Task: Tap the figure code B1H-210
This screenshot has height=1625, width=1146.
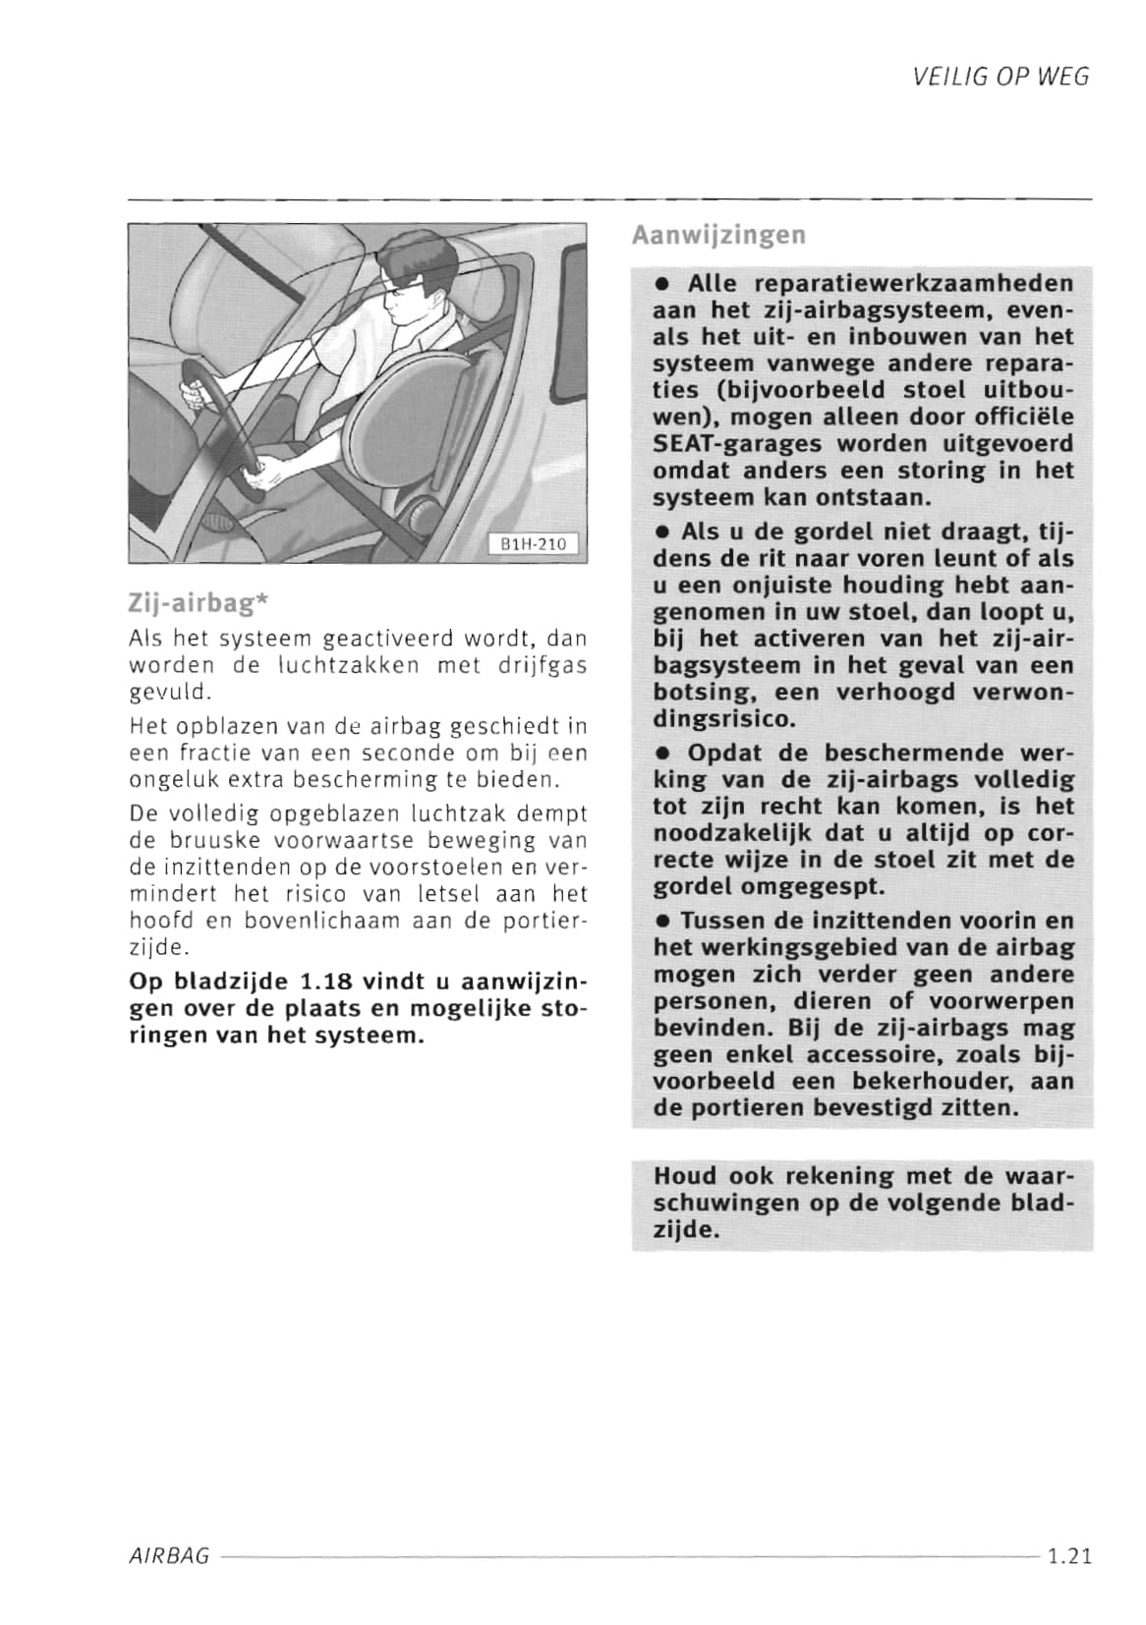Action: coord(534,543)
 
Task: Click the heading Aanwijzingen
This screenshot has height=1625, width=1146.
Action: coord(718,236)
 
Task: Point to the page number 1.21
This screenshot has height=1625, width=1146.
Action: coord(1069,1556)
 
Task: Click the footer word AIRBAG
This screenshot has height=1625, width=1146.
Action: coord(169,1556)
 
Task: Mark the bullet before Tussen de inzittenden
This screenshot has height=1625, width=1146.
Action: coord(663,923)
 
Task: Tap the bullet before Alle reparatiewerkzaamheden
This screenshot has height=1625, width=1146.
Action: coord(663,285)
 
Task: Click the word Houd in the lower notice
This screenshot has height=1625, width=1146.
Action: coord(685,1176)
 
